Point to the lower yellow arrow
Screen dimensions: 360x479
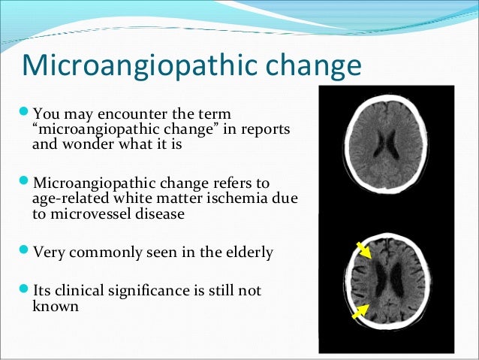coord(360,310)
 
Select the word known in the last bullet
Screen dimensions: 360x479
coord(55,307)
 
